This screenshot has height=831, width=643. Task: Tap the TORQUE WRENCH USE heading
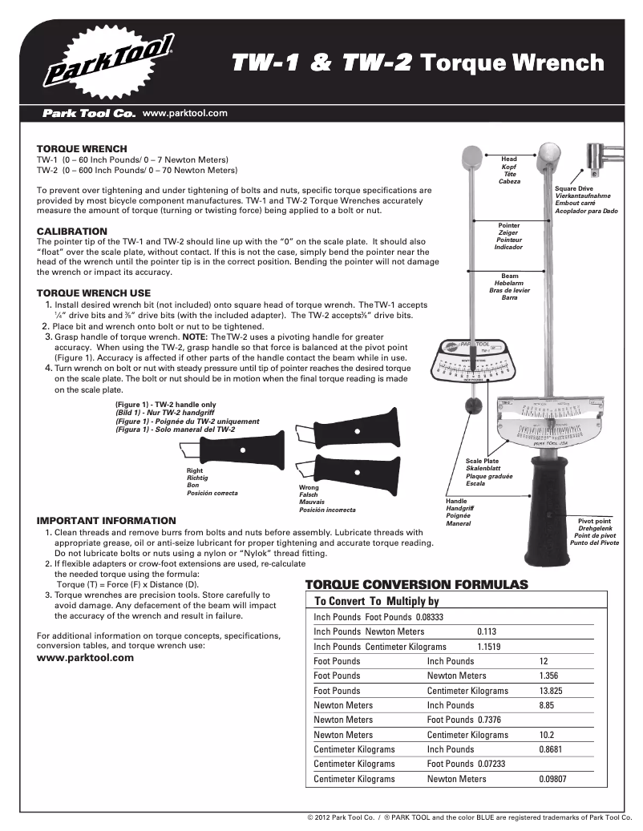[94, 293]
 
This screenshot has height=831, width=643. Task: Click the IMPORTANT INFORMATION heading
[107, 521]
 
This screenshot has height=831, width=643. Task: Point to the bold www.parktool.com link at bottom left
[86, 658]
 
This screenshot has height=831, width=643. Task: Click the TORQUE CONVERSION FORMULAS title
[417, 584]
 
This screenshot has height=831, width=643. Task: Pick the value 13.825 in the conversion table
[550, 691]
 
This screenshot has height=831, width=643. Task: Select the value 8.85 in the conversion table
[547, 705]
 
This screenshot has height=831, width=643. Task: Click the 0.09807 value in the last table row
[554, 779]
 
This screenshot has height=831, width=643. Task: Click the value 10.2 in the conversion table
[547, 735]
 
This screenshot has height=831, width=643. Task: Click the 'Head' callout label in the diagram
[509, 159]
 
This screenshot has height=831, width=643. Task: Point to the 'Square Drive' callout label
[574, 188]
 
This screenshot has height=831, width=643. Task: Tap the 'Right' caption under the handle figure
[194, 470]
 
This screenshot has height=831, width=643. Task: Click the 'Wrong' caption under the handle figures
[309, 488]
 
